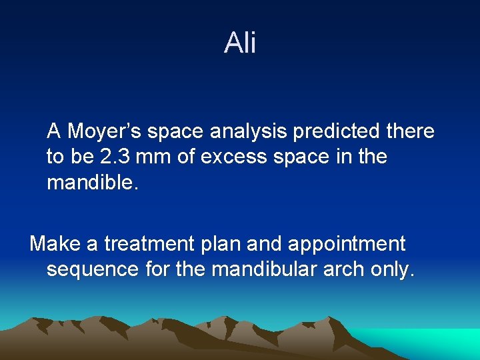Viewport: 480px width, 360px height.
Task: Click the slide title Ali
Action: [x=240, y=43]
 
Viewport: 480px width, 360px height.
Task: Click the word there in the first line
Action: [x=409, y=131]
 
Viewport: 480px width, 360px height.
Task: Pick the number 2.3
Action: [x=117, y=157]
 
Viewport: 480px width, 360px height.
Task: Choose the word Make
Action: [x=55, y=244]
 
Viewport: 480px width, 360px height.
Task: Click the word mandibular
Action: [x=247, y=270]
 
